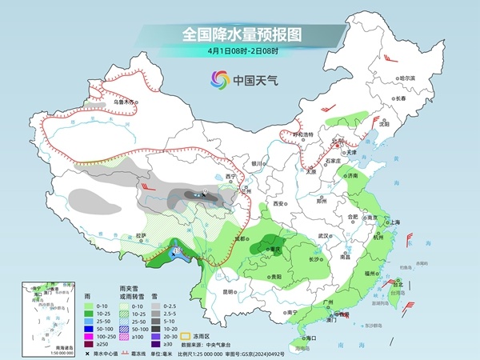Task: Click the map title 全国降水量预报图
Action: point(241,34)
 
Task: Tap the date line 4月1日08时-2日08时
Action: point(241,54)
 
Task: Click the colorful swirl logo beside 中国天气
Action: point(218,79)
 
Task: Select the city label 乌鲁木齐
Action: point(125,102)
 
